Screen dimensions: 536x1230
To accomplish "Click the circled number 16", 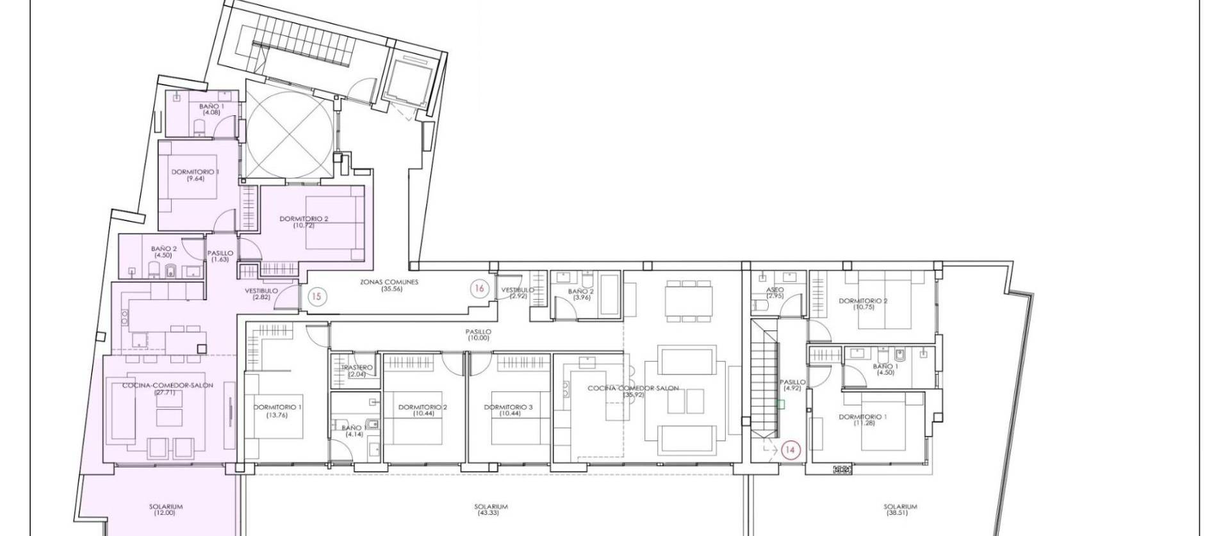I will point(479,288).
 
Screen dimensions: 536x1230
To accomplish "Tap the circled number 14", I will point(791,450).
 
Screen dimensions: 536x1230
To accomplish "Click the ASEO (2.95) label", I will point(775,293).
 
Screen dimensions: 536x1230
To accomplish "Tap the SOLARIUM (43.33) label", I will point(491,510).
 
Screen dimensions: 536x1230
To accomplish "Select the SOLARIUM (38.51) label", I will point(900,510).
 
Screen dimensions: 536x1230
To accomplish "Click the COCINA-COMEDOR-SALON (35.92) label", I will point(633,391).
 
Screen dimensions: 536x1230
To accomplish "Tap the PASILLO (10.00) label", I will point(479,334).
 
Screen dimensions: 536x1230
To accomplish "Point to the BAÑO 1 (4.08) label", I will point(211,110).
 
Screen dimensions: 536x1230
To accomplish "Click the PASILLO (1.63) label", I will point(220,256).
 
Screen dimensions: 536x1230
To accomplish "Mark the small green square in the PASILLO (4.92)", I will point(780,404).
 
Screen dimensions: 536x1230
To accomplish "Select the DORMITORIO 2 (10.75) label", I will point(863,304).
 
